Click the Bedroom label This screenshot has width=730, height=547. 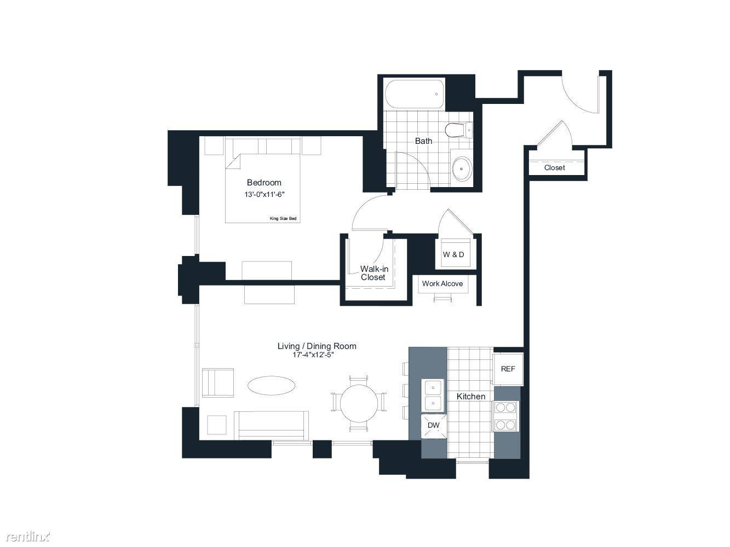click(264, 182)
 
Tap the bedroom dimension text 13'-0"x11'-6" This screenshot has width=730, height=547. click(265, 194)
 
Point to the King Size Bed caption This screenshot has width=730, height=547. click(283, 218)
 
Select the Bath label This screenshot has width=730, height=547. click(423, 141)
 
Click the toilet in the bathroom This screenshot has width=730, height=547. click(458, 130)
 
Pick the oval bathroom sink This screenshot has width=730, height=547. click(462, 168)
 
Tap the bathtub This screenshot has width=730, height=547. click(415, 94)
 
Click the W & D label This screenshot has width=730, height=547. click(453, 254)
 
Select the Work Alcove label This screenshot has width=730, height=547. click(442, 283)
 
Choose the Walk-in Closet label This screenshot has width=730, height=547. click(374, 273)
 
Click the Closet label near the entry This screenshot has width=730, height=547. click(554, 168)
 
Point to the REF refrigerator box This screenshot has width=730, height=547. click(508, 369)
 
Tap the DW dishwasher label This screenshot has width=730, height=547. click(433, 425)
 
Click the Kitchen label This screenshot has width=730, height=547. click(470, 396)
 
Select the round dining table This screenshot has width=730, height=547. click(359, 403)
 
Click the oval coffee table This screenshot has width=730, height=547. click(272, 386)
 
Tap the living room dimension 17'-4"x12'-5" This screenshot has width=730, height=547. click(313, 354)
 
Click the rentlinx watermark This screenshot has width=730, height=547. click(28, 537)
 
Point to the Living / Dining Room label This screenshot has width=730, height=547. click(317, 346)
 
